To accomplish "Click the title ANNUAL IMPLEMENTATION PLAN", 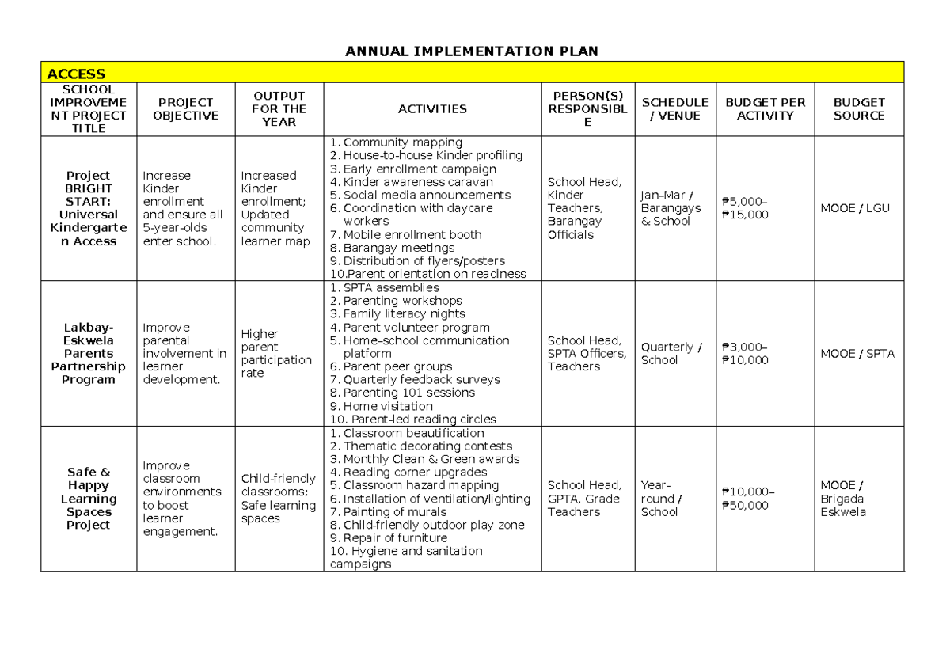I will coord(472,51).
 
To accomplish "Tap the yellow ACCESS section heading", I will coord(76,74).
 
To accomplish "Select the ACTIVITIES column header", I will coord(432,109).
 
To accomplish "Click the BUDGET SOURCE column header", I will coord(859,109).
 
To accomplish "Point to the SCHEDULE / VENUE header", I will coord(674,109).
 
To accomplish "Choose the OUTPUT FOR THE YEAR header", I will coord(279,109).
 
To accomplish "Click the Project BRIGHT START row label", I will coord(89,208).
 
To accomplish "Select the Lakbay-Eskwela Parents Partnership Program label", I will coord(89,353).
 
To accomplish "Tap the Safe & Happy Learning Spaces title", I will coord(89,499).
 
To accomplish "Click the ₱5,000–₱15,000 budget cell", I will coord(745,208).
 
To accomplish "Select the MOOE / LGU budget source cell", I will coord(855,208).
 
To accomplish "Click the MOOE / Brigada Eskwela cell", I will coord(843,499).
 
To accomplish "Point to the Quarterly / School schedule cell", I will coord(671,353).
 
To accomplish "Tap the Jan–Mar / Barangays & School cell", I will coord(671,208).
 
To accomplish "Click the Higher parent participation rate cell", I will coord(276,353).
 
